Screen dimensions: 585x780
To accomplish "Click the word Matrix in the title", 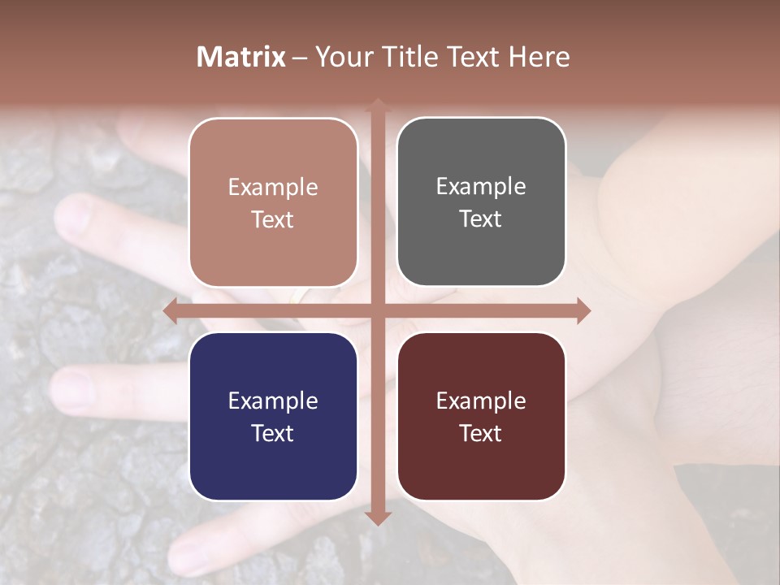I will [x=241, y=57].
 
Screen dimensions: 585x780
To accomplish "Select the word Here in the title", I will [x=539, y=57].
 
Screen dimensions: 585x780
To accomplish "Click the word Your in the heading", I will [x=342, y=57].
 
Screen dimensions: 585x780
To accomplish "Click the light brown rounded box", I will [x=273, y=202].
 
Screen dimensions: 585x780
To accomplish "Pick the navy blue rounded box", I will [x=273, y=416].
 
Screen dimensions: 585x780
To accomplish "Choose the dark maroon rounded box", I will [x=481, y=416].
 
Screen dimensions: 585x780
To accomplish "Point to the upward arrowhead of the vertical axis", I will [x=377, y=104].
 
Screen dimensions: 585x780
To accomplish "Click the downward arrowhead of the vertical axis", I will [x=377, y=518].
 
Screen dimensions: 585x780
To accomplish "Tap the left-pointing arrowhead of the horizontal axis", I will [x=170, y=310].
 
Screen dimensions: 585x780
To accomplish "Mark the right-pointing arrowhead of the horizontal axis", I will [x=583, y=310].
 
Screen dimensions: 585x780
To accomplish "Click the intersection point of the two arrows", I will [x=377, y=310].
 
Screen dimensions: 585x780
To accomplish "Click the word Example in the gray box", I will [x=481, y=186].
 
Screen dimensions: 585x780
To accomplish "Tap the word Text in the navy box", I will [x=273, y=433].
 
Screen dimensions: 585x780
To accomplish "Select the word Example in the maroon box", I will [x=481, y=401].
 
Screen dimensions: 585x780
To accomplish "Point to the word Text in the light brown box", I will [x=273, y=219].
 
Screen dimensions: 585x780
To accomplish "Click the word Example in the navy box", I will [x=273, y=401].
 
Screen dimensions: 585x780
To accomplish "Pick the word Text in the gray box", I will [x=481, y=219].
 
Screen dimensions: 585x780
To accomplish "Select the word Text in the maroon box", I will [x=481, y=433].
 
